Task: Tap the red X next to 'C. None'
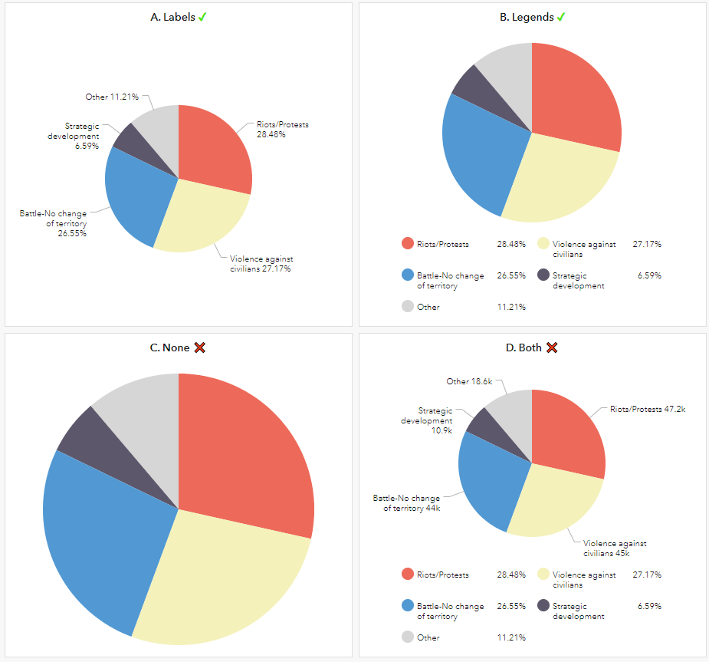click(x=200, y=347)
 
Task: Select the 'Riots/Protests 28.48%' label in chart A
click(x=283, y=129)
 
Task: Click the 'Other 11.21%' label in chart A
click(x=112, y=97)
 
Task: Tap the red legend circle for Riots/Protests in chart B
click(x=408, y=244)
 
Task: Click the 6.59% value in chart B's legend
click(x=649, y=275)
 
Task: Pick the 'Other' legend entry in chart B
click(x=428, y=307)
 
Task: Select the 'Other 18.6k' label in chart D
click(x=469, y=381)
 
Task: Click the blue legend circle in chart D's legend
click(x=408, y=605)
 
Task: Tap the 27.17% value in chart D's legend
click(x=647, y=575)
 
